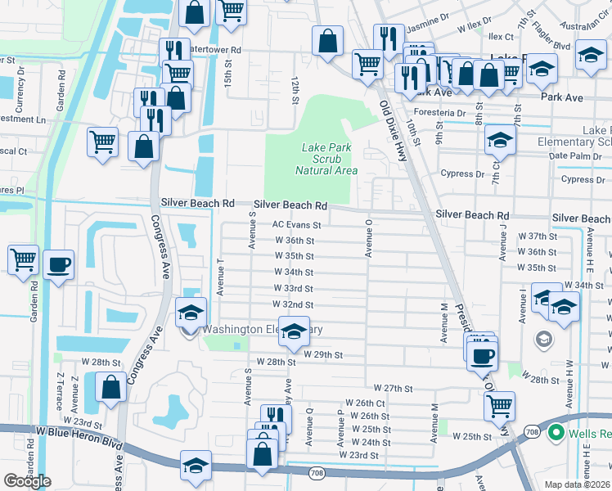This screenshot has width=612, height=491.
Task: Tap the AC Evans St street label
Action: (296, 224)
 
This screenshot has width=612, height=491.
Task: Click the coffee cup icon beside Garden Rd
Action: (59, 265)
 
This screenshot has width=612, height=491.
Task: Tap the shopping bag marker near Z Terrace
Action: (110, 385)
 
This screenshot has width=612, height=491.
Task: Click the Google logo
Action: (27, 481)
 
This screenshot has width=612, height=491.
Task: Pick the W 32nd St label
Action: (293, 304)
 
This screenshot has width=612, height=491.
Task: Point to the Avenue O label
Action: (369, 237)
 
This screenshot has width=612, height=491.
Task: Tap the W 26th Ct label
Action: (365, 403)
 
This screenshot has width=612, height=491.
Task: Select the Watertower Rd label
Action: (215, 50)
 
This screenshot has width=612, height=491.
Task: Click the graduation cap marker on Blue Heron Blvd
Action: (196, 465)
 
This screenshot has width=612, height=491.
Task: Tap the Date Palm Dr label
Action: (571, 155)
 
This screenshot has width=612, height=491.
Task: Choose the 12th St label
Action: (295, 92)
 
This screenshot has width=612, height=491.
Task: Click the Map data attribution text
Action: (578, 484)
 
